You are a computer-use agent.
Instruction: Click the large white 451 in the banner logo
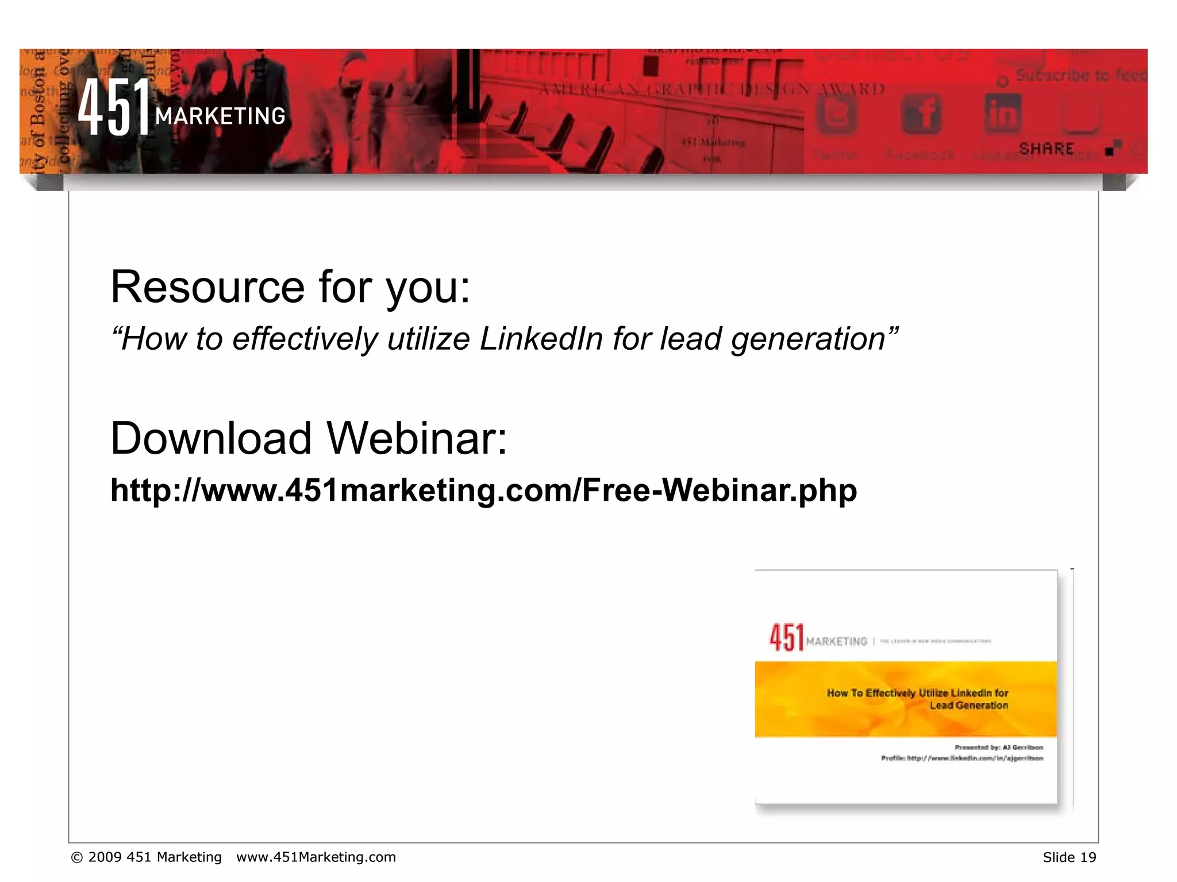[114, 107]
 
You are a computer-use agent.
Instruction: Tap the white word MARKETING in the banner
[220, 117]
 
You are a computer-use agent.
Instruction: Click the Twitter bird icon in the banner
[836, 114]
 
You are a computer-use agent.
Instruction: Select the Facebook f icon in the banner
[921, 113]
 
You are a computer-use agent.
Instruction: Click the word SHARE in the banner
[1046, 149]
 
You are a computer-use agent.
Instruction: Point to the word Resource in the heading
[207, 287]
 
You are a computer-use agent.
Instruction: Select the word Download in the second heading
[211, 439]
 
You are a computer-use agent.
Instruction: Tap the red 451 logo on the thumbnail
[786, 637]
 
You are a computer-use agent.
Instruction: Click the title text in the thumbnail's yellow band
[918, 699]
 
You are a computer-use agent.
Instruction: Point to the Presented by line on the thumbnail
[999, 747]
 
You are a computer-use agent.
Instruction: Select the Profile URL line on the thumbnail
[961, 758]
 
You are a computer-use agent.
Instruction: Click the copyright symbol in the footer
[76, 858]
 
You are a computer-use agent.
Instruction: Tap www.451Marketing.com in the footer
[316, 857]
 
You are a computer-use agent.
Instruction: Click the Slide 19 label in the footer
[1069, 857]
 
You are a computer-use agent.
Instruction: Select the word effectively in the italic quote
[305, 339]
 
